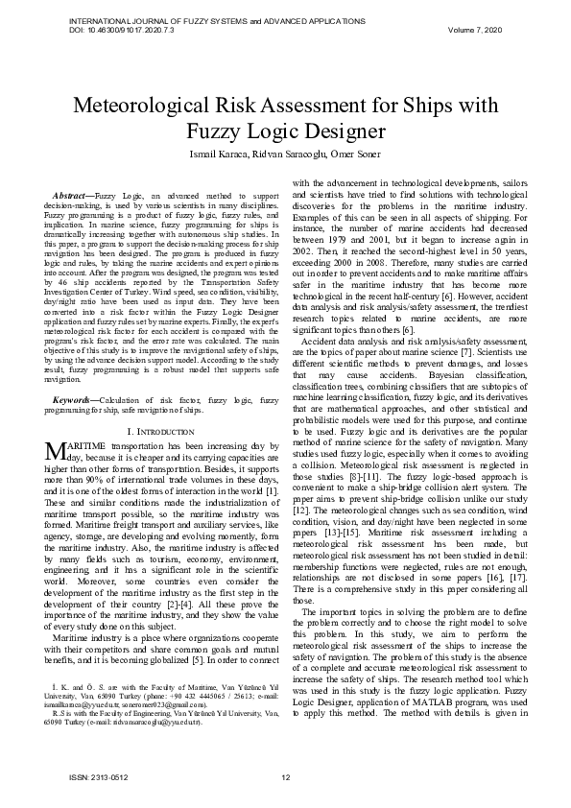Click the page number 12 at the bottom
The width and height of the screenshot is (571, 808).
pos(285,776)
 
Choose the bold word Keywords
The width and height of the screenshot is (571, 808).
pos(73,396)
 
